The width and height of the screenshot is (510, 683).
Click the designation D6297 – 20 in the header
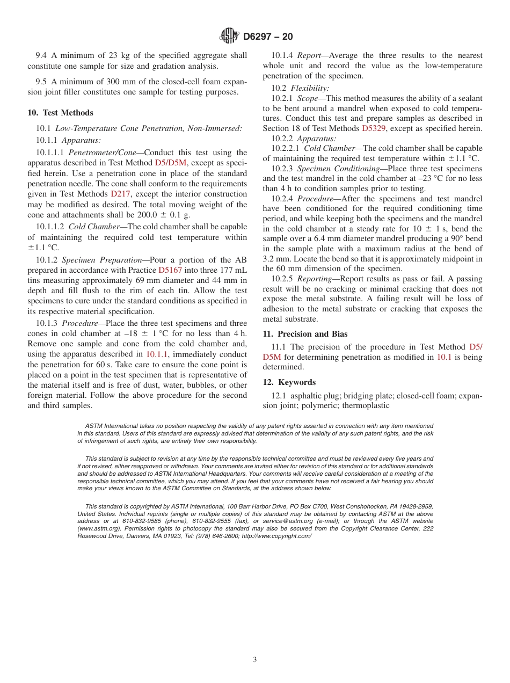pos(268,37)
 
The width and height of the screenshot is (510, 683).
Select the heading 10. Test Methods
pos(60,113)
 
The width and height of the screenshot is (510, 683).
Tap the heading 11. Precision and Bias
pos(305,333)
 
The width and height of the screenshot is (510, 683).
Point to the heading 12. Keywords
pos(289,382)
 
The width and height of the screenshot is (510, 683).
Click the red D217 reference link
pos(120,194)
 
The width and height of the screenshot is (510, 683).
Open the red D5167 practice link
pos(170,270)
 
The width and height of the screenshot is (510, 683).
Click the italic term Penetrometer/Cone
pos(103,153)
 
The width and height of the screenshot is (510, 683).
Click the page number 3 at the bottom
pos(255,660)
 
